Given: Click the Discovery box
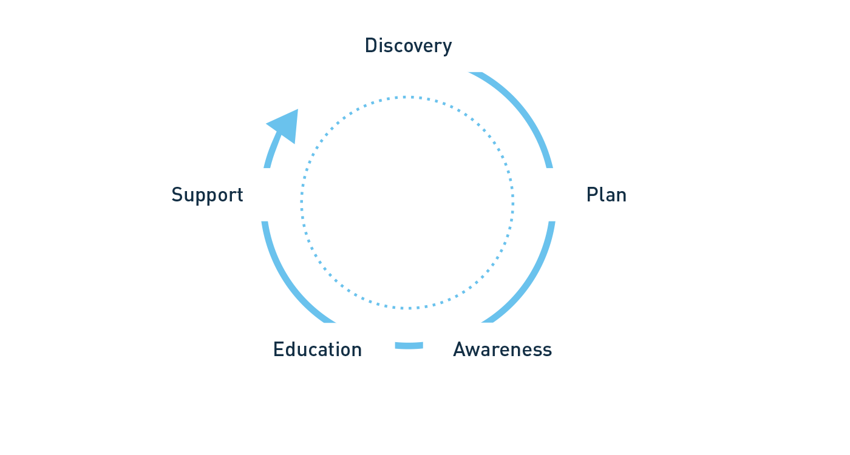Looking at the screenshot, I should coord(407,46).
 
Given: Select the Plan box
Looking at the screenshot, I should coord(605,195).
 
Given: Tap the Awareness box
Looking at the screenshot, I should coord(501,349).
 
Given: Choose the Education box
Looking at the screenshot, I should coord(317,349).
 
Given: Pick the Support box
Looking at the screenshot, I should coord(206,195).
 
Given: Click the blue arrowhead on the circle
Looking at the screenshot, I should coord(285,126).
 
